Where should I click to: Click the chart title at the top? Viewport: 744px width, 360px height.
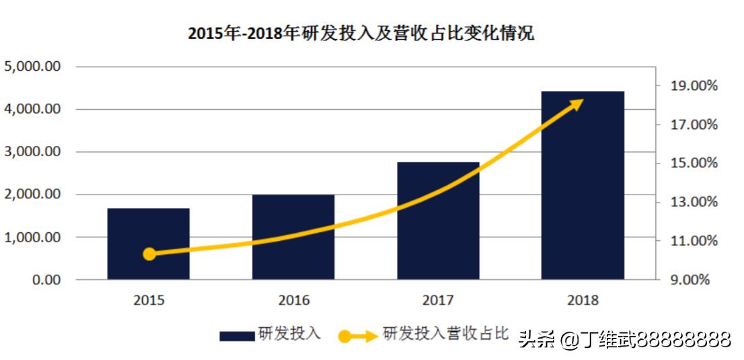pyautogui.click(x=361, y=33)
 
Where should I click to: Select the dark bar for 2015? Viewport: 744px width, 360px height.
pyautogui.click(x=149, y=244)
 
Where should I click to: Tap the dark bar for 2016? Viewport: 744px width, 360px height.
pyautogui.click(x=293, y=237)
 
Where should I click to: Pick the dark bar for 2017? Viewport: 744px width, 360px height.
pyautogui.click(x=438, y=221)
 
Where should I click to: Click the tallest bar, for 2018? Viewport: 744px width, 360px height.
pyautogui.click(x=583, y=185)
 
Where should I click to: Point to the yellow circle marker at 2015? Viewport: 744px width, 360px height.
pyautogui.click(x=150, y=254)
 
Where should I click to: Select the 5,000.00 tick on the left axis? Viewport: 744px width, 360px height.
pyautogui.click(x=34, y=67)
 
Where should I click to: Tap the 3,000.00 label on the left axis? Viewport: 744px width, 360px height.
pyautogui.click(x=34, y=152)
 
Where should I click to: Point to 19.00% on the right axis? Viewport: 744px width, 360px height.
pyautogui.click(x=693, y=86)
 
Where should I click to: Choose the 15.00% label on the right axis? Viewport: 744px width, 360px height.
pyautogui.click(x=693, y=164)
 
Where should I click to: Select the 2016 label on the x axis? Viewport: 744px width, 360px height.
pyautogui.click(x=293, y=300)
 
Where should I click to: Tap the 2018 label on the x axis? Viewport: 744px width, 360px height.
pyautogui.click(x=583, y=300)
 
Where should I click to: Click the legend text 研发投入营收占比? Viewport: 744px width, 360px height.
pyautogui.click(x=445, y=334)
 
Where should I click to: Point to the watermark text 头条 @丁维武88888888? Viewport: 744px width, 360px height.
pyautogui.click(x=624, y=339)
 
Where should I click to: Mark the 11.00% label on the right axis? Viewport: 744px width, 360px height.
pyautogui.click(x=693, y=241)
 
